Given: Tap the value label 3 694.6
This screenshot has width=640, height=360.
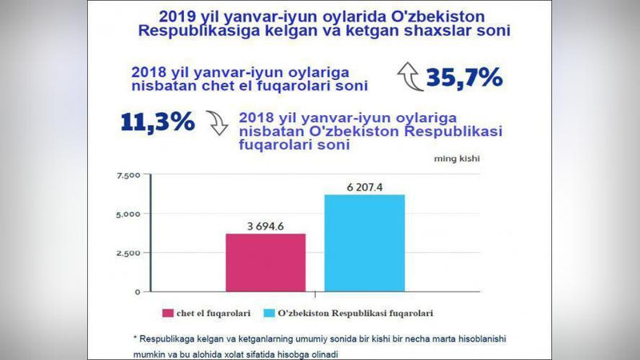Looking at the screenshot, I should (x=266, y=226).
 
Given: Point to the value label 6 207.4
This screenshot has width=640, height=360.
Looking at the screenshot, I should (x=364, y=186).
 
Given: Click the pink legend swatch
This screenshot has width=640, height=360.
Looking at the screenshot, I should (x=169, y=313).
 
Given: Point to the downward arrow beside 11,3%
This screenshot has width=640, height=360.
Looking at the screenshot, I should (x=215, y=122).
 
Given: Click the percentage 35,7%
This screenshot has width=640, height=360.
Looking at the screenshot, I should (x=464, y=78).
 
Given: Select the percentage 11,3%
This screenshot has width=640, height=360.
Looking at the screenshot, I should (x=158, y=122).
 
